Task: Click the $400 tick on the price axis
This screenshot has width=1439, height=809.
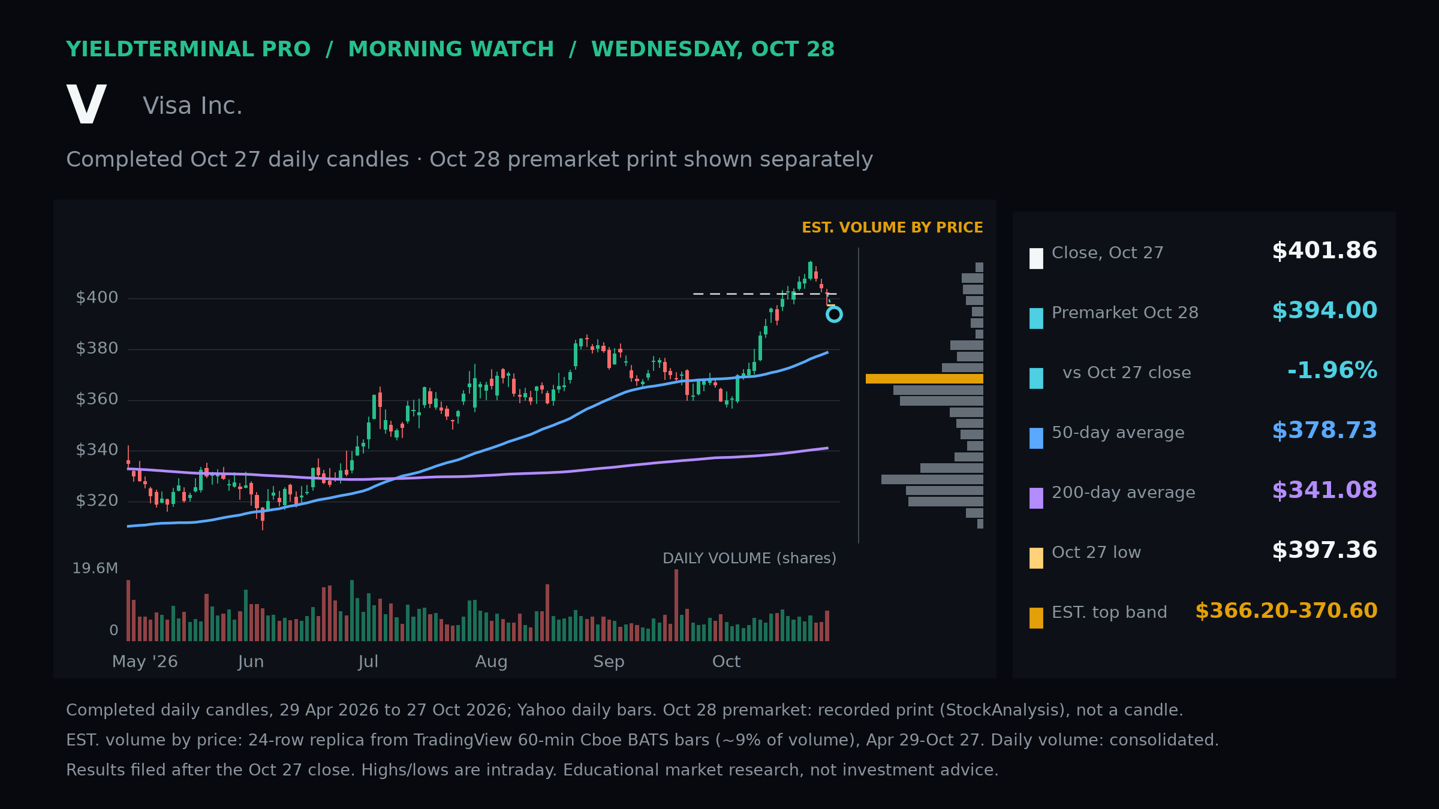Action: pyautogui.click(x=97, y=298)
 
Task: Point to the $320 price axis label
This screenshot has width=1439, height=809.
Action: pyautogui.click(x=97, y=501)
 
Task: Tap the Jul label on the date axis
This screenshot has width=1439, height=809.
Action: pyautogui.click(x=368, y=662)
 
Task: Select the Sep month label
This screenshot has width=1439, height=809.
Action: pyautogui.click(x=609, y=662)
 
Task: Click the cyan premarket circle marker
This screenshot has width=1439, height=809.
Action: pyautogui.click(x=834, y=307)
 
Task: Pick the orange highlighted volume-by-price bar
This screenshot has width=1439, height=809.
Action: pyautogui.click(x=925, y=379)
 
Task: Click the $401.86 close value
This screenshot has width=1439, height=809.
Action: pyautogui.click(x=1324, y=251)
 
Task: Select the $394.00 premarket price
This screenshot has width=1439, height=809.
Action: pyautogui.click(x=1324, y=311)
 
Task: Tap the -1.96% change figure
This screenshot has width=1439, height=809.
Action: pyautogui.click(x=1332, y=371)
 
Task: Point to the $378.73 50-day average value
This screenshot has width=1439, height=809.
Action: pyautogui.click(x=1324, y=431)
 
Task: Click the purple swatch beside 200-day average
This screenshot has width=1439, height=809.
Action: pyautogui.click(x=1036, y=498)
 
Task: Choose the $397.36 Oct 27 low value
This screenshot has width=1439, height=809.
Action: pyautogui.click(x=1324, y=551)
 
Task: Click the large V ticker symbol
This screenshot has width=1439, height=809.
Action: pyautogui.click(x=87, y=104)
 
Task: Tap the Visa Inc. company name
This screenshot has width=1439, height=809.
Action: pyautogui.click(x=192, y=106)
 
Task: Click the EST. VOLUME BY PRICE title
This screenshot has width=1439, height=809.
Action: pyautogui.click(x=892, y=228)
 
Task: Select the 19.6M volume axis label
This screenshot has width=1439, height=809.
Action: pyautogui.click(x=95, y=569)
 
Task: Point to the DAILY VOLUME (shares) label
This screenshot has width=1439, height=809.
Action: pyautogui.click(x=749, y=559)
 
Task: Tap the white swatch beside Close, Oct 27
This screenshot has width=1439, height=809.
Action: pyautogui.click(x=1036, y=258)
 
